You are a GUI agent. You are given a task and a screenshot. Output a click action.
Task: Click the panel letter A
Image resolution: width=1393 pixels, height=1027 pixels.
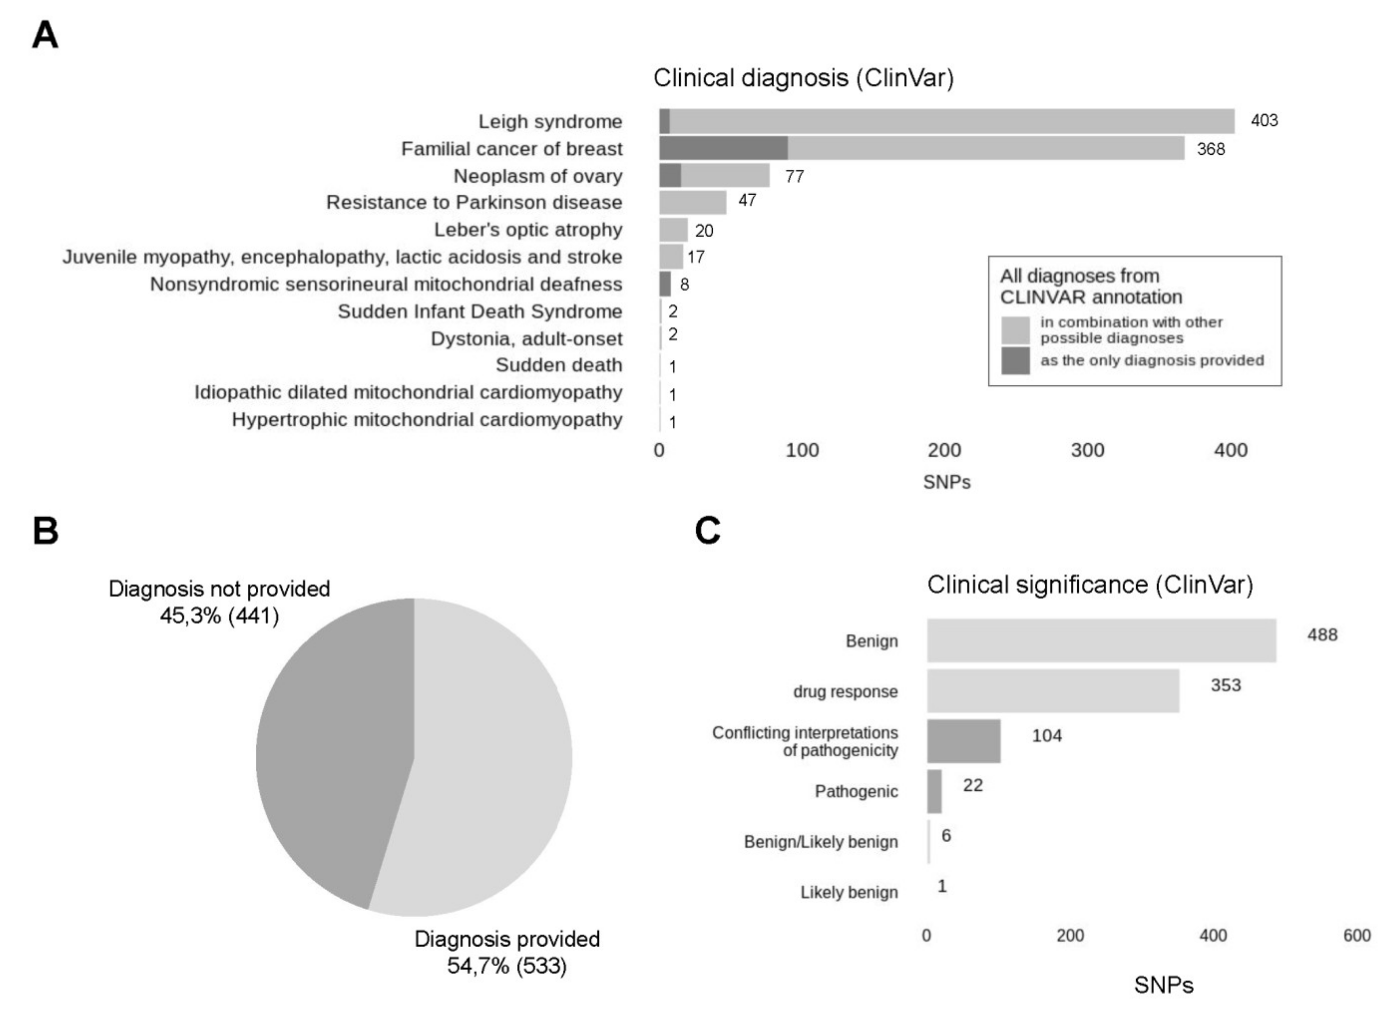pos(45,35)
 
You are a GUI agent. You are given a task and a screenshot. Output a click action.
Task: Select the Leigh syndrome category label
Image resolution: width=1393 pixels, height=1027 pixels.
pos(550,121)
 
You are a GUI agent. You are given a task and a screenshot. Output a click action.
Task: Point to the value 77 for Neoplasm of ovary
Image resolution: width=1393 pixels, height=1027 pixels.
pos(794,177)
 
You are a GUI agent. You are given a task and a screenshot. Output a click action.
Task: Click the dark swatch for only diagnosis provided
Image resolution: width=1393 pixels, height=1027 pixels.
pos(1015,361)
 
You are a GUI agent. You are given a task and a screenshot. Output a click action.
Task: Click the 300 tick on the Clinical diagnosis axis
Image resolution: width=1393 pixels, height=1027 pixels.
pos(1087,450)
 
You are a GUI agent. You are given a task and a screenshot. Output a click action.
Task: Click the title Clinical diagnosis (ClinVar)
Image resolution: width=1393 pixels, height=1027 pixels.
pos(803,78)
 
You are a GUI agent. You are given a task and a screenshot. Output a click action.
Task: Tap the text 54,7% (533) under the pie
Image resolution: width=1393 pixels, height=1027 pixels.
pos(507,966)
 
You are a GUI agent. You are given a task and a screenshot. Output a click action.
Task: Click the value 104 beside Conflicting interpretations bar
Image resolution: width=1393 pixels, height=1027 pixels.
pos(1047,736)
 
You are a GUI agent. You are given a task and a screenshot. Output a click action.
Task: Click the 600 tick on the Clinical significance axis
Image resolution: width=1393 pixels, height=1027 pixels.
pos(1356,936)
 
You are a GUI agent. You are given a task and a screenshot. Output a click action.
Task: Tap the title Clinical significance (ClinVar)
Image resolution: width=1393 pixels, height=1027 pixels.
pos(1089,585)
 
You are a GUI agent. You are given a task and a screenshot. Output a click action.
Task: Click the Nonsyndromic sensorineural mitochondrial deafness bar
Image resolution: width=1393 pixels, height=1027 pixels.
pos(665,284)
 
